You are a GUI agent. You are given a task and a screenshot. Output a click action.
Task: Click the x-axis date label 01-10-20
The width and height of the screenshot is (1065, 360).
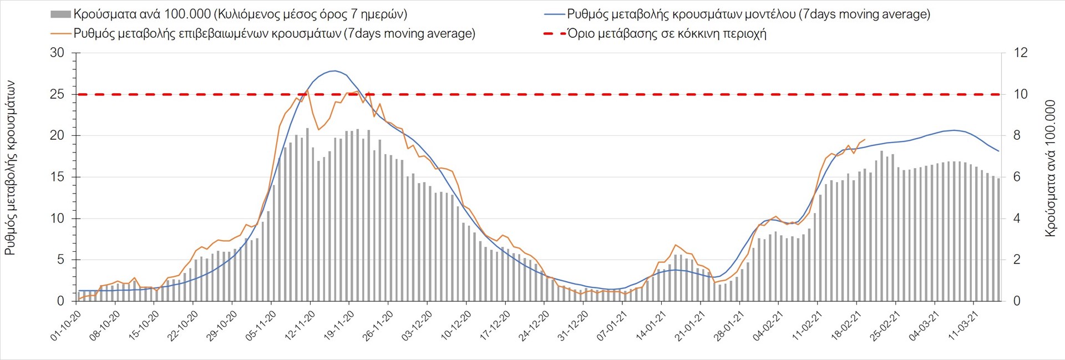pos(66,326)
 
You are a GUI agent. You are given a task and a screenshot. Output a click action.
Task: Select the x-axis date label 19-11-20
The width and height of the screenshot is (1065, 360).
pos(339,326)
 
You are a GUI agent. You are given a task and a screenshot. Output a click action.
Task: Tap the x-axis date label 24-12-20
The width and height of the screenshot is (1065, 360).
pos(534,326)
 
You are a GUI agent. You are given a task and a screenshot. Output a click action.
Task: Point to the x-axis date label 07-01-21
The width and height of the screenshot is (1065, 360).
pos(612,326)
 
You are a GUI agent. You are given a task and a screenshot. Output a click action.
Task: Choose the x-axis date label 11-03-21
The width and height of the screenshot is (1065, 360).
pos(963,326)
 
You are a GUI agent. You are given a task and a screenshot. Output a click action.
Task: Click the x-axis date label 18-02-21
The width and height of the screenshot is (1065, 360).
pos(846,326)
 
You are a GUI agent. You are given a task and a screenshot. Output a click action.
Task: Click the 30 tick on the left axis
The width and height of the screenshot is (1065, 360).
pos(57,53)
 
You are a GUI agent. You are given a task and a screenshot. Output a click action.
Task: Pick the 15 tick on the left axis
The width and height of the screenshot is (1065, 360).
pos(57,177)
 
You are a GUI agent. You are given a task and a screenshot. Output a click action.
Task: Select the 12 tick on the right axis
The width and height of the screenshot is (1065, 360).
pos(1021,53)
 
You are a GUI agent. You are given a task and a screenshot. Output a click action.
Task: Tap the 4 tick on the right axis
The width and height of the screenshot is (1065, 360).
pos(1017,219)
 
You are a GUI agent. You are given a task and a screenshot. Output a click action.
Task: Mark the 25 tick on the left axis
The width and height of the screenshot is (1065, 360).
pos(57,94)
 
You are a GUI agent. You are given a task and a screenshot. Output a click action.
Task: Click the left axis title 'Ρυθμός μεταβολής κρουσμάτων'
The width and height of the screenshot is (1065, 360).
pos(10,168)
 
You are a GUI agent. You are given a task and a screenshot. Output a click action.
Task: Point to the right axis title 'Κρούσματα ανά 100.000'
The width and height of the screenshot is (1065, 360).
pos(1050,168)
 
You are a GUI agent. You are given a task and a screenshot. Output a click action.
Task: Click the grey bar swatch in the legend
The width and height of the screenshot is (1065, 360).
pos(60,14)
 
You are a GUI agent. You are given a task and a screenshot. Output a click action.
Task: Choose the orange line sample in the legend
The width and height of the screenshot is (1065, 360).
pos(60,33)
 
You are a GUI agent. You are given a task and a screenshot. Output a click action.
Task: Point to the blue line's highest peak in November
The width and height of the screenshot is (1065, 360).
pos(333,71)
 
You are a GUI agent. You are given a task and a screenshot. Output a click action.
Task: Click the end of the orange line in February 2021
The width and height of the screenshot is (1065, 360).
pos(865,139)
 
